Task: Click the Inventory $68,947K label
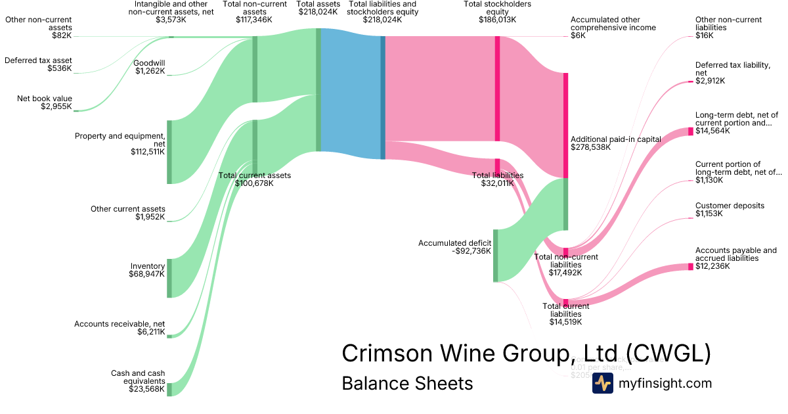tap(148, 270)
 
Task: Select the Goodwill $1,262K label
tap(150, 67)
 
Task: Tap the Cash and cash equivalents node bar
tap(169, 389)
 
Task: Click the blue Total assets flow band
tap(351, 92)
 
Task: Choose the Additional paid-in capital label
tap(615, 143)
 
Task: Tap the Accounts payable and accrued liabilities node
tap(690, 267)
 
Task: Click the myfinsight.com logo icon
tap(602, 383)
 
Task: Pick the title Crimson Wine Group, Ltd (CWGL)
tap(526, 354)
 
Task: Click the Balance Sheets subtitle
tap(407, 383)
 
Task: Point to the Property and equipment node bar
tap(169, 152)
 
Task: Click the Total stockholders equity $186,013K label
tap(497, 12)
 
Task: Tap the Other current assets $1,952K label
tap(128, 213)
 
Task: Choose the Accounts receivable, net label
tap(120, 328)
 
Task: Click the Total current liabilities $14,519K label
tap(565, 313)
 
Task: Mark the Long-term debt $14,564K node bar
tap(690, 131)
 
